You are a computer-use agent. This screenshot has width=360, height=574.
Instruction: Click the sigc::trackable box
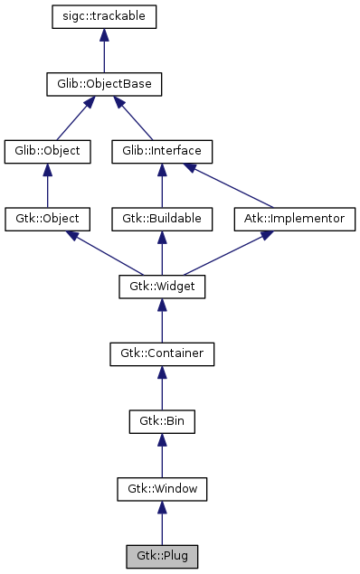(x=105, y=16)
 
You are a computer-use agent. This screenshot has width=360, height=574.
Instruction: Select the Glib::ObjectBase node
(x=105, y=84)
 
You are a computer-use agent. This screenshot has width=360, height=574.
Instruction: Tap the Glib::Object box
(x=48, y=151)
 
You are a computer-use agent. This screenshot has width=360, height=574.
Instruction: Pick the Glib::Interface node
(x=162, y=151)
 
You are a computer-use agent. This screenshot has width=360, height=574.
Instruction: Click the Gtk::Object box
(x=48, y=219)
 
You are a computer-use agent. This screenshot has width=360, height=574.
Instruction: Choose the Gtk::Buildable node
(x=162, y=219)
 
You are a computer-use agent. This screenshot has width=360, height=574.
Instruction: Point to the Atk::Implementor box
(x=295, y=219)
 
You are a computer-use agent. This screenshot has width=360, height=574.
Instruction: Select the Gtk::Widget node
(x=162, y=287)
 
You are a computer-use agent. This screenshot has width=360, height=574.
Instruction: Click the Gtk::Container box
(x=162, y=353)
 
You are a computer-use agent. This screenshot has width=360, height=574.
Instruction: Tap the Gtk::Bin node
(x=162, y=421)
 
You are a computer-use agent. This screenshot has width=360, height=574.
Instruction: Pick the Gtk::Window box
(x=162, y=489)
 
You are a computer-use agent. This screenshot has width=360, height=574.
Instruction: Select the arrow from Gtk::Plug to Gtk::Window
(x=162, y=522)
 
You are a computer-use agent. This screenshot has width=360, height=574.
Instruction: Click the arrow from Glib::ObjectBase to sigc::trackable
(x=105, y=51)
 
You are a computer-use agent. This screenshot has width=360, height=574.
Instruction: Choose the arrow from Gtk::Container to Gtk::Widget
(x=162, y=320)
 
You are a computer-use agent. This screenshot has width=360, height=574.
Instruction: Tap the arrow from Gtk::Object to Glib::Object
(x=48, y=185)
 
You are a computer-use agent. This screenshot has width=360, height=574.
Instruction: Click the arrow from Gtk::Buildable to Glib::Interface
(x=162, y=185)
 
